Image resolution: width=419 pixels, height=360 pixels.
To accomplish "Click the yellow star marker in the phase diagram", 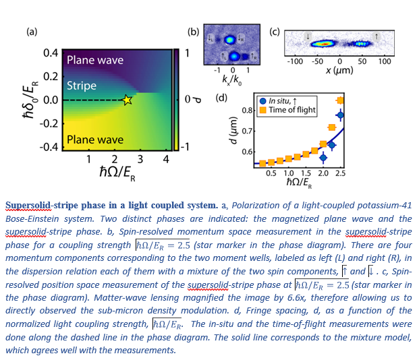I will [x=127, y=100].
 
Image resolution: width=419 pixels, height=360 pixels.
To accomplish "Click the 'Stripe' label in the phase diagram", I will [x=82, y=86].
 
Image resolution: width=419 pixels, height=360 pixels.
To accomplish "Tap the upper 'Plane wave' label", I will [x=95, y=61].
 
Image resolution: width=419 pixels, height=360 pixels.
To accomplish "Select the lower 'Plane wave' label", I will [x=95, y=140].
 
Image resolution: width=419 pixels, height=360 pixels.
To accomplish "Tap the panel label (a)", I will [x=32, y=31].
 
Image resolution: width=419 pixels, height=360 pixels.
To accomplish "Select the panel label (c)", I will [x=275, y=31].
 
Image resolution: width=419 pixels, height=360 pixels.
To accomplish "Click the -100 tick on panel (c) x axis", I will [x=295, y=61].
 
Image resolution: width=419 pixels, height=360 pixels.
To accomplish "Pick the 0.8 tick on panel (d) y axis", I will [x=247, y=110].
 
